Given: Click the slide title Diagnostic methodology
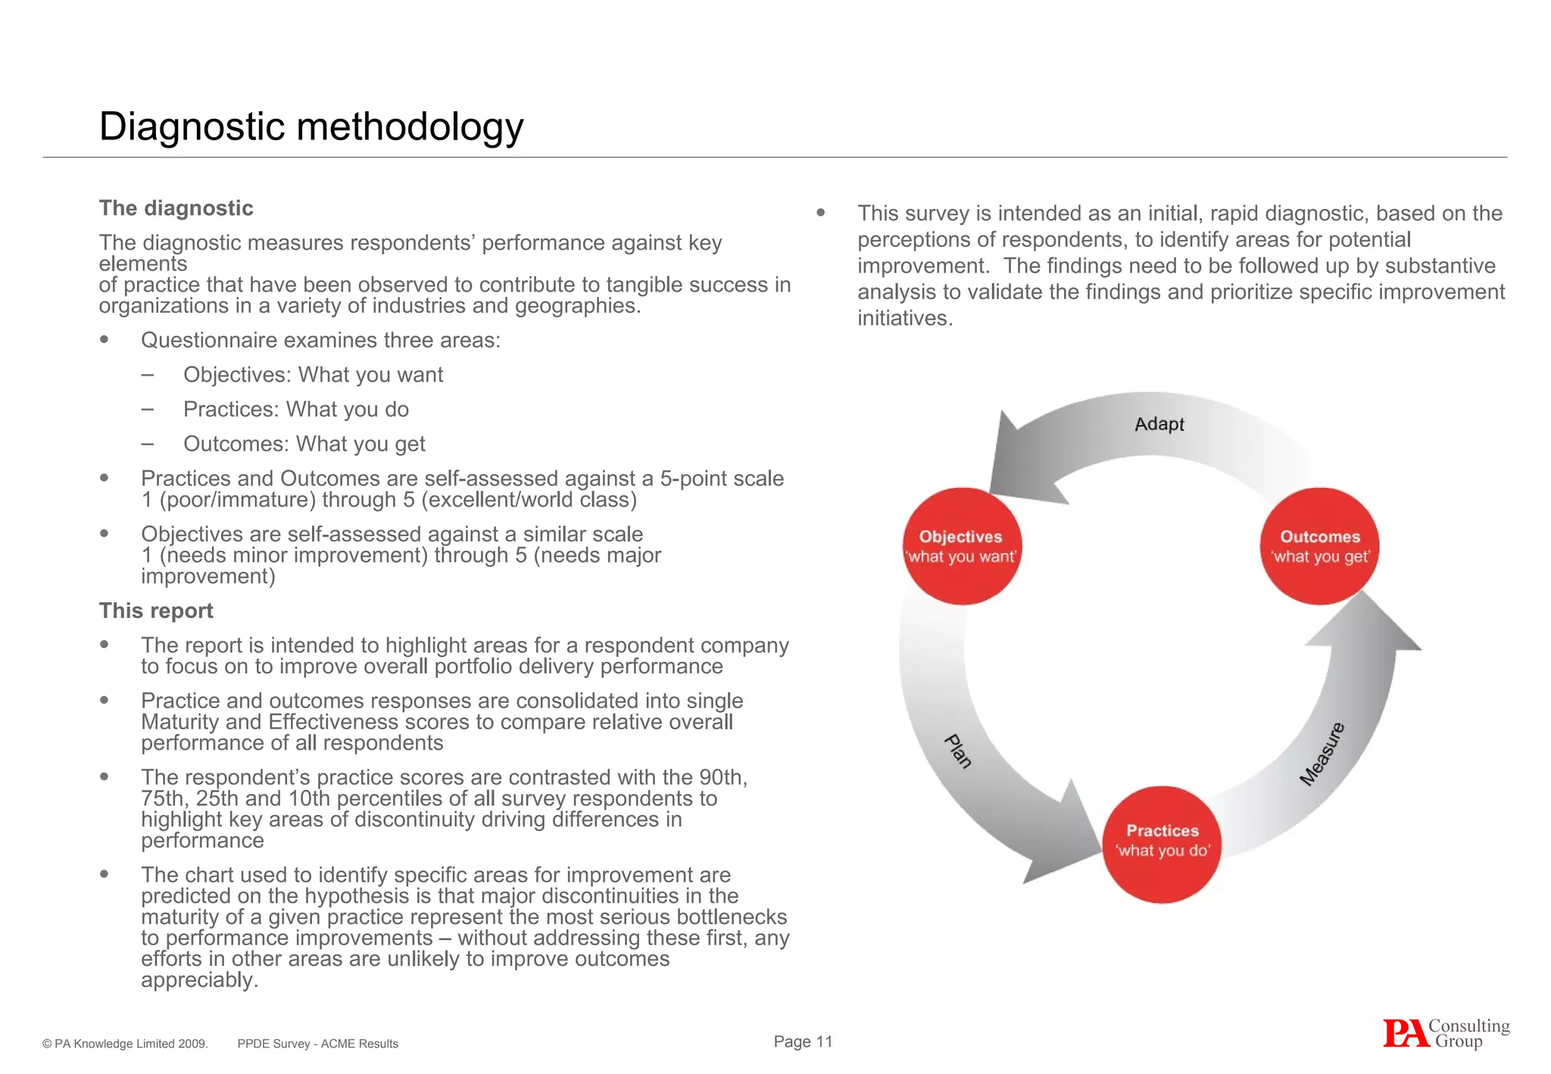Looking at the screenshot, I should point(311,126).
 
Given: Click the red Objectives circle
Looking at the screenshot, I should point(962,546).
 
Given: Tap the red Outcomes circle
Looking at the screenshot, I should point(1319,546).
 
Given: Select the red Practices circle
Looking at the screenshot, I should point(1162,844).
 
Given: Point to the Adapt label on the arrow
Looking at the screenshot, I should point(1159,424).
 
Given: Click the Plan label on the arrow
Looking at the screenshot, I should point(958,751).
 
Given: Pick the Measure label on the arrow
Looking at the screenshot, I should point(1322,754).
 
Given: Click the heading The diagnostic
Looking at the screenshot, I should point(176,208).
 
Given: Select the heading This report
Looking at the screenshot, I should point(156,610).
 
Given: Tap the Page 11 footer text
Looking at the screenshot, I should point(803,1041).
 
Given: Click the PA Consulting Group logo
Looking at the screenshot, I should point(1446,1034).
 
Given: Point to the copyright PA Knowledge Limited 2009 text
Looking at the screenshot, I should point(125,1044).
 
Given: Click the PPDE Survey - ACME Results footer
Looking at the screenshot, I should point(317,1044).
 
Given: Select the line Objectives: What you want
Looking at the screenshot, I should point(313,375).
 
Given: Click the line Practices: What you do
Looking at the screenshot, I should point(295,410).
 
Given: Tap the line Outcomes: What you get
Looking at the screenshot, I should point(304,444).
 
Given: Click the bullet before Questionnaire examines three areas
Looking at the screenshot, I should point(105,340).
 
